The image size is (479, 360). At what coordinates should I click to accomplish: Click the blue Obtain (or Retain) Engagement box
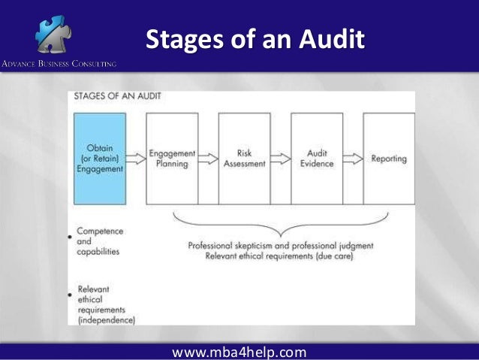(x=99, y=159)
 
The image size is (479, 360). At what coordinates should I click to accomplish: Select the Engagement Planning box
(x=172, y=159)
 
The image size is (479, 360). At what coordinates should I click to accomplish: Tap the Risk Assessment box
(x=244, y=159)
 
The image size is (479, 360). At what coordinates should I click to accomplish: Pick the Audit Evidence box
(x=316, y=159)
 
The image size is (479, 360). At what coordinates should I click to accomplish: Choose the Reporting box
(x=388, y=159)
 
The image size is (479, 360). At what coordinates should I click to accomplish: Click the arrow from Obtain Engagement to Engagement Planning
(x=136, y=159)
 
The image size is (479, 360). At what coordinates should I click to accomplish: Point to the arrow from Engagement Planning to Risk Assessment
(x=208, y=159)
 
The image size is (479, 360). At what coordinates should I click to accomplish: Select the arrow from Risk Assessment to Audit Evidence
(x=280, y=159)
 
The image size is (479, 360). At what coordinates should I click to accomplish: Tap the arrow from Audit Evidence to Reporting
(x=352, y=159)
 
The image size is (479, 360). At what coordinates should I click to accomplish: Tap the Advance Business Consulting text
(x=59, y=64)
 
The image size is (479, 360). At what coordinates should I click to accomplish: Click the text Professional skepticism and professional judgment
(x=280, y=246)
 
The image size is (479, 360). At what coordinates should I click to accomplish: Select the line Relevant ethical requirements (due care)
(x=280, y=256)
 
